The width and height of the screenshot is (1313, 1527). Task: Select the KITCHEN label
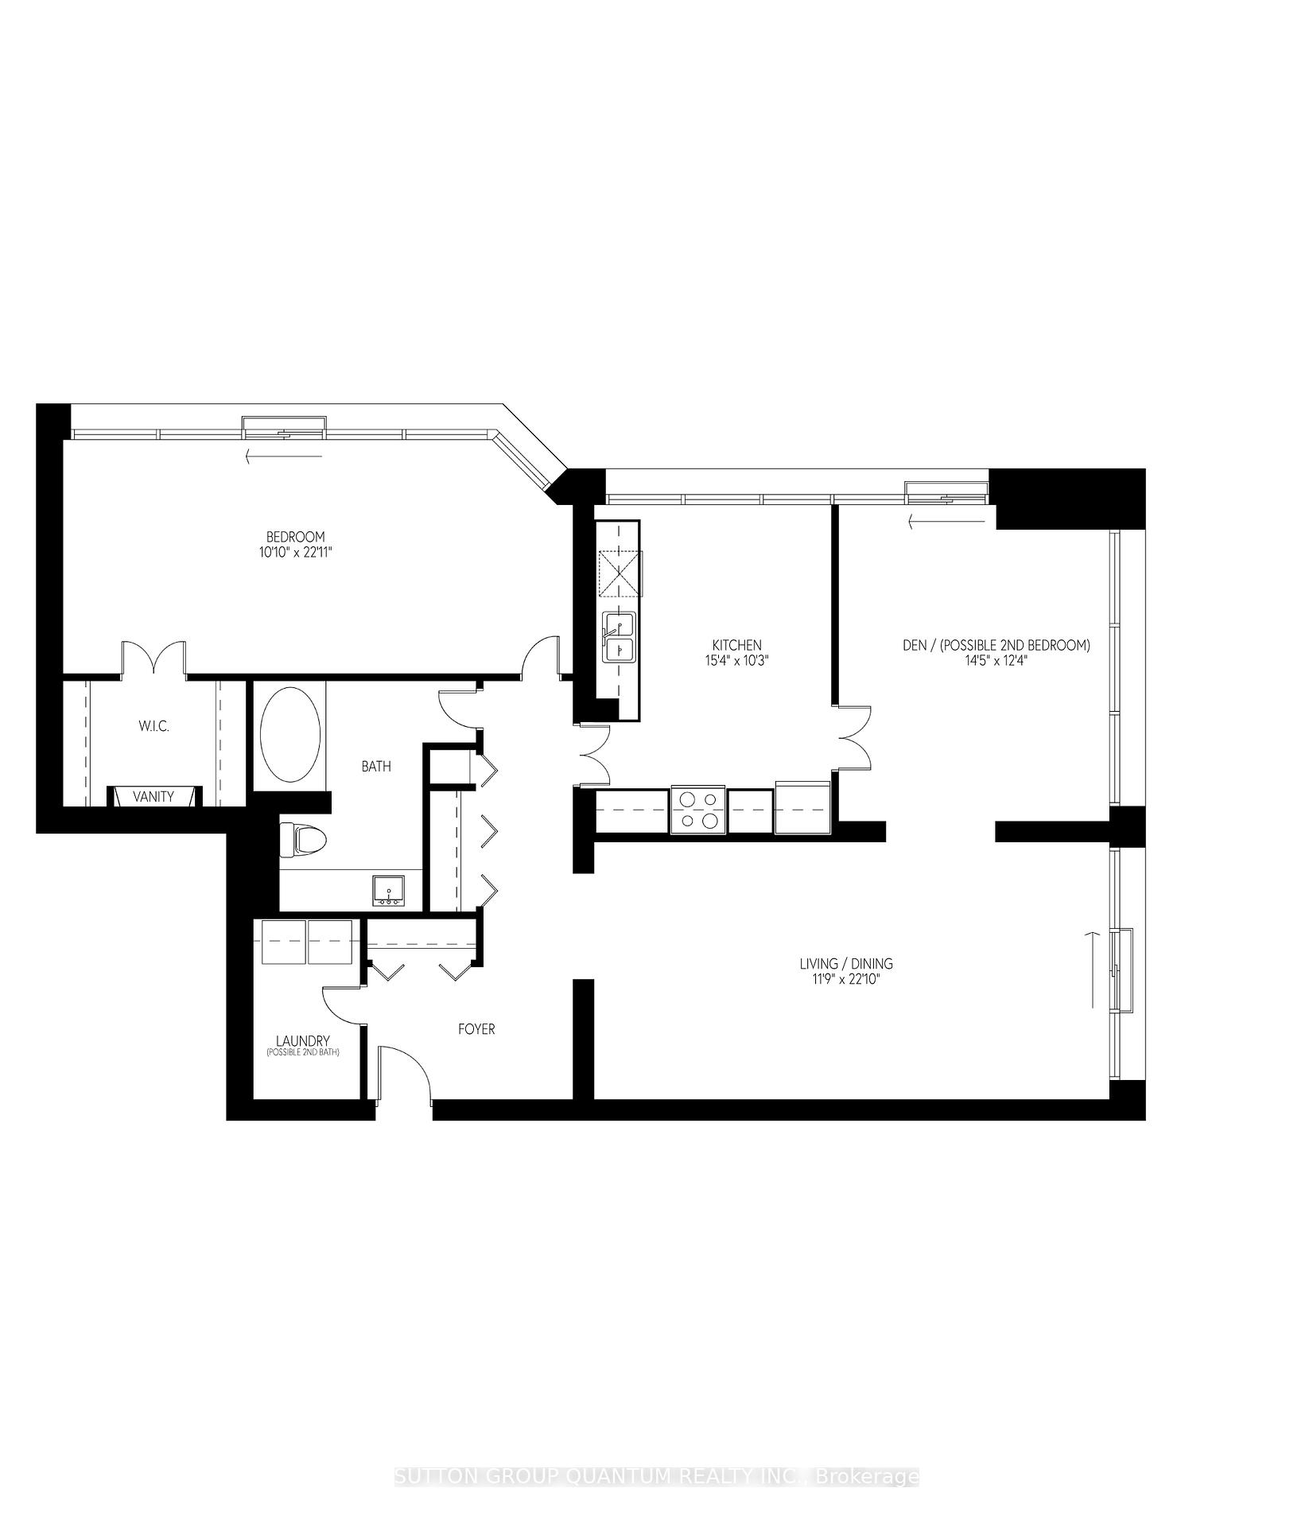click(736, 645)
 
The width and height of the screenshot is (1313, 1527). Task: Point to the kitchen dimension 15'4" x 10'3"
click(736, 660)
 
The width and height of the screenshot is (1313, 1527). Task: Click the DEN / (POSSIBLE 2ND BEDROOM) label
click(996, 645)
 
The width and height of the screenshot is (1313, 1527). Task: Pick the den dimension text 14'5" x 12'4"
click(996, 660)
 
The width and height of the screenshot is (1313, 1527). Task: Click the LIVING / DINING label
click(846, 964)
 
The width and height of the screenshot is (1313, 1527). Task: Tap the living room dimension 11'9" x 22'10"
click(846, 979)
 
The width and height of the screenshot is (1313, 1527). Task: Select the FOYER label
click(476, 1029)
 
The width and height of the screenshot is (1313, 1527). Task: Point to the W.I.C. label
click(153, 726)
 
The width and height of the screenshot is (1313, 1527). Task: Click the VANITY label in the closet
click(153, 796)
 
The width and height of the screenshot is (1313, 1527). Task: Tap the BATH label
click(376, 767)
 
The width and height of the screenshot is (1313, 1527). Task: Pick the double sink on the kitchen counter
click(619, 637)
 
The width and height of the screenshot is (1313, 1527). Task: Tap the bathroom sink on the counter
click(388, 891)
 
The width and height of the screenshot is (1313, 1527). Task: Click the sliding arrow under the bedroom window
click(284, 457)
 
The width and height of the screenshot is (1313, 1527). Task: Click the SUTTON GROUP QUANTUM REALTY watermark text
click(656, 1411)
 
